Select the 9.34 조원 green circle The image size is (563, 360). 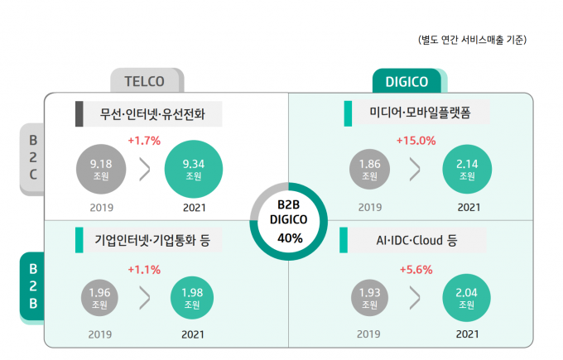coord(194,170)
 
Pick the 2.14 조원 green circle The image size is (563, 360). coord(467,170)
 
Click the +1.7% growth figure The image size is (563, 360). coord(144,140)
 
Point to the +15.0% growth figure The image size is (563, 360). coord(416,140)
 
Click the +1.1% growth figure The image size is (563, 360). coord(144,270)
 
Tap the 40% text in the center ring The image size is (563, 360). coord(290,238)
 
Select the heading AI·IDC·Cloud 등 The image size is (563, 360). coord(416,241)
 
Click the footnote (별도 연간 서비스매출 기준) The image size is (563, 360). coord(472,40)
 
